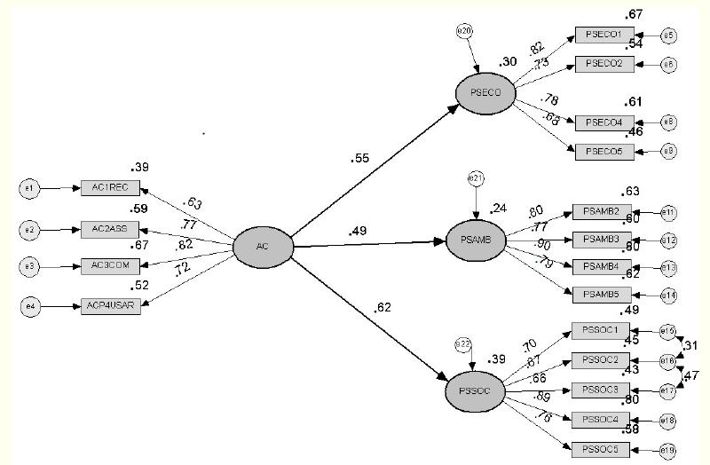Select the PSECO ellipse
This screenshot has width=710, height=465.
coord(485,92)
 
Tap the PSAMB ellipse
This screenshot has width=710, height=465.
coord(474,240)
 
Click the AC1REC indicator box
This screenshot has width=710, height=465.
coord(110,187)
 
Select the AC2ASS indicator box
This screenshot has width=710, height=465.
coord(110,229)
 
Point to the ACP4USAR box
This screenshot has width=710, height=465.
coord(110,306)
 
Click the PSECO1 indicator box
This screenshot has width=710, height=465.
coord(603,35)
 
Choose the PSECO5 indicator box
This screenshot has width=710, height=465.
coord(603,152)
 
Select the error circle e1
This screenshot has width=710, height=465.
coord(28,188)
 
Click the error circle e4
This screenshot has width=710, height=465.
coord(28,307)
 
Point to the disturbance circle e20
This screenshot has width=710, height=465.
coord(464,32)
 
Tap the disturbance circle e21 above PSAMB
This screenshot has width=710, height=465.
coord(476,180)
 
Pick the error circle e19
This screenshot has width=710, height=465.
coord(668,451)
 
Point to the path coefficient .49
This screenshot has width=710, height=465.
coord(359,232)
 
